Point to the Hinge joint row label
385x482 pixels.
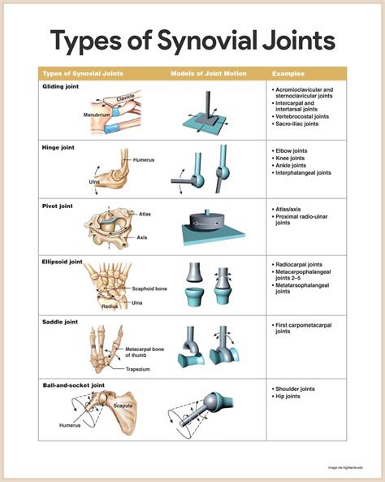[x=58, y=149]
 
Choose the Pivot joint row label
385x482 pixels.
[x=57, y=206]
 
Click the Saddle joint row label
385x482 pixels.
[x=59, y=322]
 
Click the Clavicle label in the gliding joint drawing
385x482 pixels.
[x=127, y=98]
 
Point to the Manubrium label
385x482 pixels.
[x=97, y=115]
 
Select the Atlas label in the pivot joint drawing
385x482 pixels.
[x=145, y=215]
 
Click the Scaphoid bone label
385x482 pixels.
[x=149, y=289]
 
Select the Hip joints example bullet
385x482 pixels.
[x=291, y=396]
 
